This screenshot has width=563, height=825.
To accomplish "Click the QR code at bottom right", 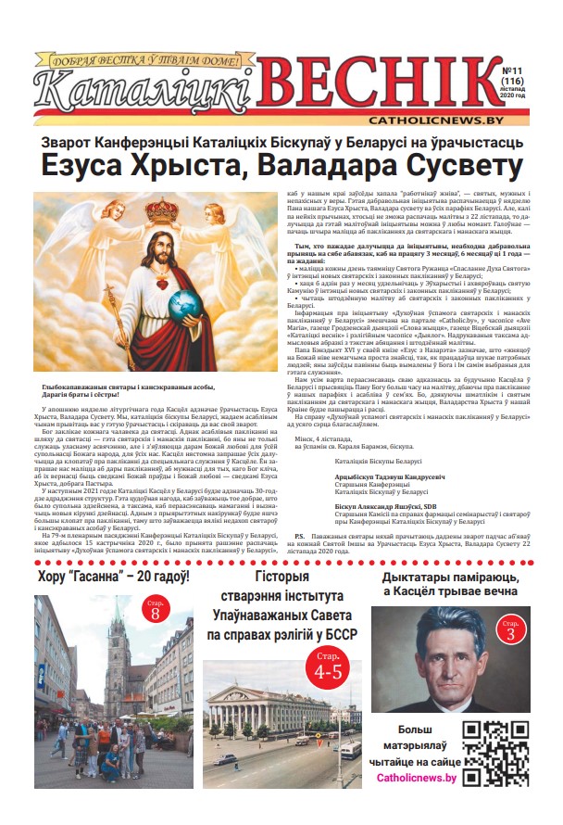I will coord(495,752).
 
